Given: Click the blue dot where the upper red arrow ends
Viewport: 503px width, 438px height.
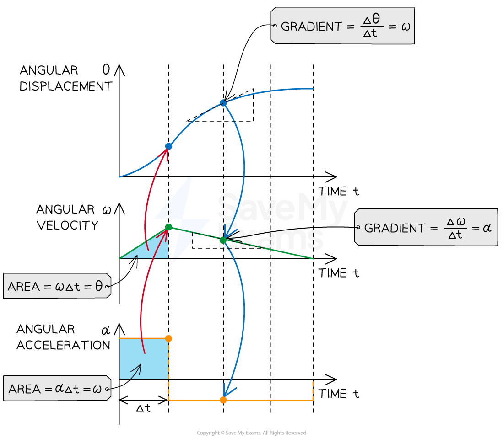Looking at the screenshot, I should click(168, 146).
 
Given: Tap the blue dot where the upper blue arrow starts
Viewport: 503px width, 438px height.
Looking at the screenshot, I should click(223, 103).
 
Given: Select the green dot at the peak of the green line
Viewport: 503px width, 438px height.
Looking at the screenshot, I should click(168, 227).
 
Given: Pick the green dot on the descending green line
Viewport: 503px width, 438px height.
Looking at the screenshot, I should click(223, 240).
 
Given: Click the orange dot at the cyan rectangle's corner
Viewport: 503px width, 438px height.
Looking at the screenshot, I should click(168, 338).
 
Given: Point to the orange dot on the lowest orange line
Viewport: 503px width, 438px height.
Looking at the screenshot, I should click(223, 400).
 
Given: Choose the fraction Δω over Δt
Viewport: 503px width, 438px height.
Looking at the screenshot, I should click(455, 228).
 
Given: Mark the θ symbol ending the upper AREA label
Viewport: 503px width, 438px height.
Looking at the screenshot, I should click(99, 287).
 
